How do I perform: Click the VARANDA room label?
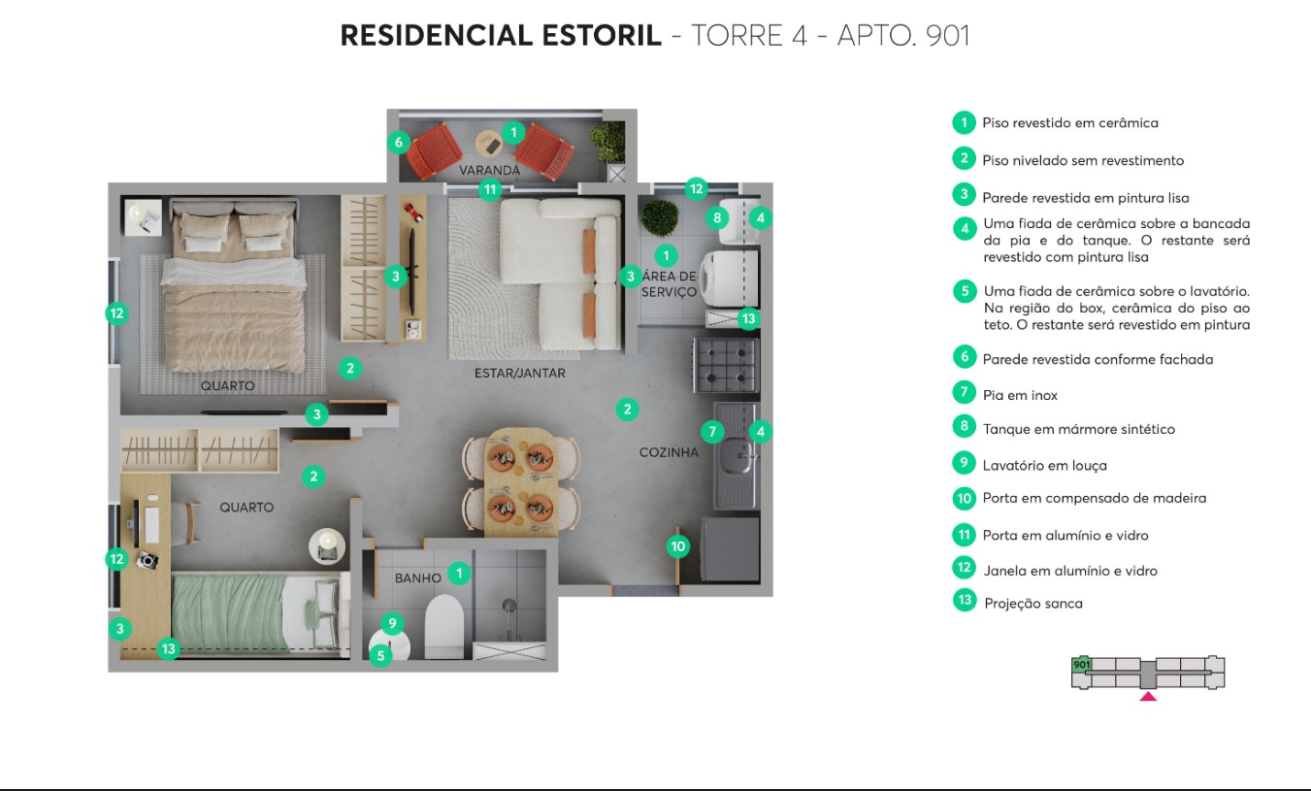pyautogui.click(x=489, y=170)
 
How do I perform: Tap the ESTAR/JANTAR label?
pyautogui.click(x=519, y=373)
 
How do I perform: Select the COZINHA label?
pyautogui.click(x=669, y=452)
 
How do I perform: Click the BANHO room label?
pyautogui.click(x=417, y=577)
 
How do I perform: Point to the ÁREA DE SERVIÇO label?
pyautogui.click(x=669, y=284)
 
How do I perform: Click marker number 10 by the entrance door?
pyautogui.click(x=678, y=546)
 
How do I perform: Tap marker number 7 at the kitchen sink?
pyautogui.click(x=711, y=431)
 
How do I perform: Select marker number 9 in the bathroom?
pyautogui.click(x=392, y=624)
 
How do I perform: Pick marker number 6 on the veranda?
pyautogui.click(x=398, y=143)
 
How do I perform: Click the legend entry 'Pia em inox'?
pyautogui.click(x=1019, y=395)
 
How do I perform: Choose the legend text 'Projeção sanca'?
pyautogui.click(x=1032, y=603)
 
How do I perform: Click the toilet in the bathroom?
pyautogui.click(x=444, y=626)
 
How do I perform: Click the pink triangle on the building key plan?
pyautogui.click(x=1148, y=695)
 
